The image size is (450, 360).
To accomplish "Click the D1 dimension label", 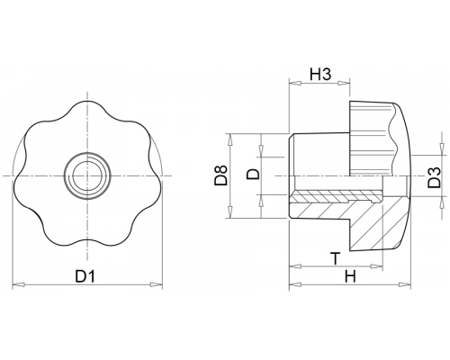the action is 85,276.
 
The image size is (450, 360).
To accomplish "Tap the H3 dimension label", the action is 320,75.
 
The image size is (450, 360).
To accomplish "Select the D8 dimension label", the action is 221,175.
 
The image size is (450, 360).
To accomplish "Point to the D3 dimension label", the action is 434,177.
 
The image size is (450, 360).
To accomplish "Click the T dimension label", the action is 336,258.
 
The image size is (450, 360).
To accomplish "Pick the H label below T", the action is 350,276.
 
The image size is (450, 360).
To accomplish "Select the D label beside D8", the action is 253,174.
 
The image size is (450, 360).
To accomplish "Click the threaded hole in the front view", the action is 87,175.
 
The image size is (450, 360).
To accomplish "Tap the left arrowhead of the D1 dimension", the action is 18,284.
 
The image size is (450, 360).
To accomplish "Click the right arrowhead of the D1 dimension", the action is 157,284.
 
